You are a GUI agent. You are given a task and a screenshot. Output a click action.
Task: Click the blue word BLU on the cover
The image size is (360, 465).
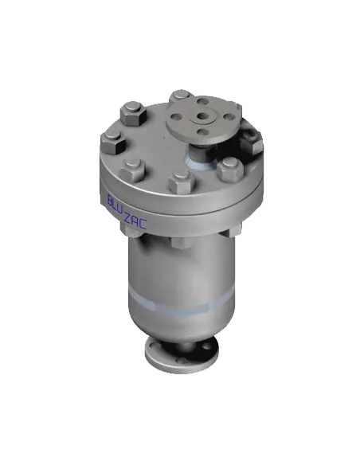116,204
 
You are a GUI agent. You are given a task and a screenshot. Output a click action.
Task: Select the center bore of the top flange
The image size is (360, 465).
205,120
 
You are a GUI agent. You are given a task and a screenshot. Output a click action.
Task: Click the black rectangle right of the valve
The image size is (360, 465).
311,168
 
